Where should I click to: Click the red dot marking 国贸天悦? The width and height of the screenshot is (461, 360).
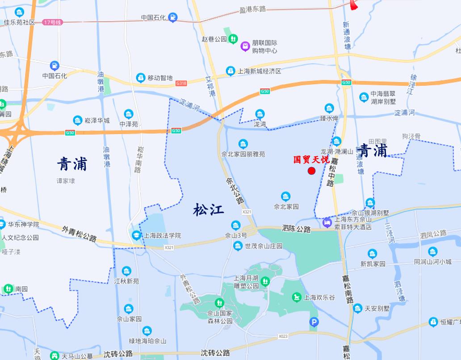[312, 171]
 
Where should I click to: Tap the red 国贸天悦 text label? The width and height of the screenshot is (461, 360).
[311, 159]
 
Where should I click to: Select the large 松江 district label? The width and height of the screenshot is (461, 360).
[209, 209]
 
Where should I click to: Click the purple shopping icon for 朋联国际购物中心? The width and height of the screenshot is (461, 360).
[245, 46]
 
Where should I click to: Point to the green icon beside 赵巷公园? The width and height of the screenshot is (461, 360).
[233, 39]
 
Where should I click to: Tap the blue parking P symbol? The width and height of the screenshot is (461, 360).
[314, 322]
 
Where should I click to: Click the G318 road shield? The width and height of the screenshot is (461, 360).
[181, 83]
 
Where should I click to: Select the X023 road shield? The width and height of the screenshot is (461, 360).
[283, 336]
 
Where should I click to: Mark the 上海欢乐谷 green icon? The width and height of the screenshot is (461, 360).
[297, 297]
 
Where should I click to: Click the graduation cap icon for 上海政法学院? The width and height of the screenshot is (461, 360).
[136, 235]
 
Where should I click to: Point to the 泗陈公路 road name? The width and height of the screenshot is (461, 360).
[296, 229]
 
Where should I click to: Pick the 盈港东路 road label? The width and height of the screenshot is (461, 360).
[252, 9]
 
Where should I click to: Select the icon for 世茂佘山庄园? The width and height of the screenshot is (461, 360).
[238, 246]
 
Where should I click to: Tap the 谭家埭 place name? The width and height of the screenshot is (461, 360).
[66, 181]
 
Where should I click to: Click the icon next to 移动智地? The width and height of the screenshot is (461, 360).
[141, 78]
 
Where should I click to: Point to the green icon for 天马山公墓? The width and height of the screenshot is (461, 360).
[54, 356]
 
